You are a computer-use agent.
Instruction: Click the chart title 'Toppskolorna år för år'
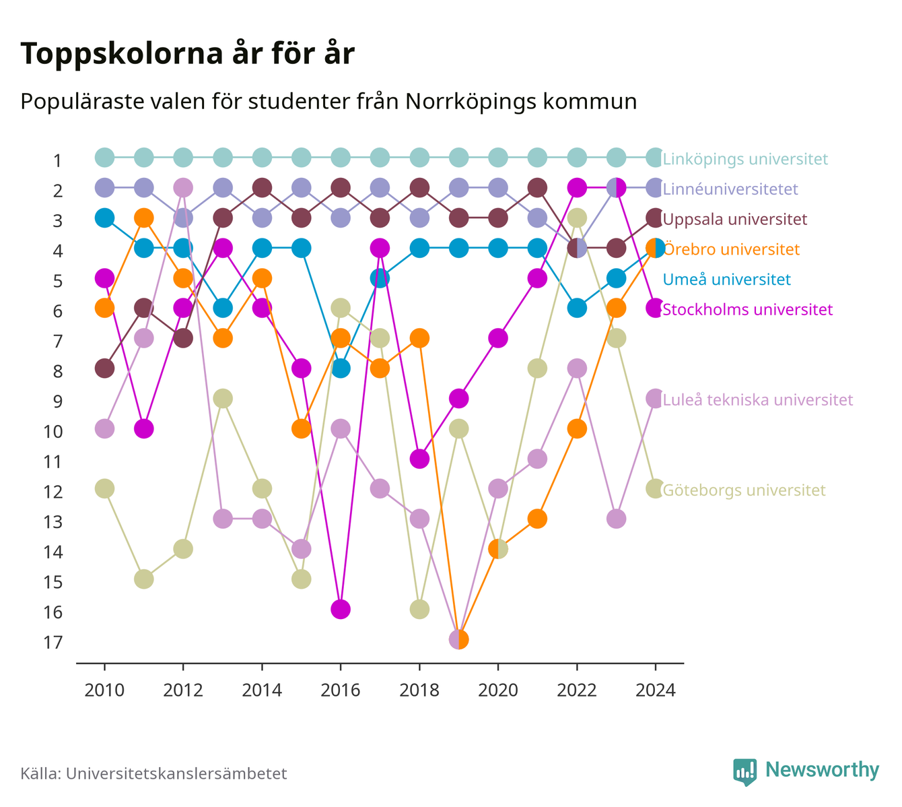[187, 54]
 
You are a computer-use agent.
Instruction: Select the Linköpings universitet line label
[745, 158]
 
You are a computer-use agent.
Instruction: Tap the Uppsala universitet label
[734, 219]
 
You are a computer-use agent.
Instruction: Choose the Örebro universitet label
[731, 249]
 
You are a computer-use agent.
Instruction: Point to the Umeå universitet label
[726, 280]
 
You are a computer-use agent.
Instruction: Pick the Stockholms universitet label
[747, 309]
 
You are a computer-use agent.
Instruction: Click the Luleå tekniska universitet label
[758, 399]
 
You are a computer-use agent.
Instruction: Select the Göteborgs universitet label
[744, 490]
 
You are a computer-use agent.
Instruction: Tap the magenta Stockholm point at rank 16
[341, 609]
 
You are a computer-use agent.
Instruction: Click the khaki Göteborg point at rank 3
[577, 218]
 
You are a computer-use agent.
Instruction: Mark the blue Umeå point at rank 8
[341, 368]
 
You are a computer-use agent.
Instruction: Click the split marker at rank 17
[458, 639]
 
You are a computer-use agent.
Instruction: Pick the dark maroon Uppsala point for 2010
[104, 368]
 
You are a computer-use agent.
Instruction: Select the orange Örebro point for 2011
[144, 218]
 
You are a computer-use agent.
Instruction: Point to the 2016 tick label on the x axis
[341, 690]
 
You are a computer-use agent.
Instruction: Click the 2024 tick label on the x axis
[656, 690]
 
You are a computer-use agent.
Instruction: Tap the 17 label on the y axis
[53, 643]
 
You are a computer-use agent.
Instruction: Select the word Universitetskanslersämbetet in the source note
[176, 773]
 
